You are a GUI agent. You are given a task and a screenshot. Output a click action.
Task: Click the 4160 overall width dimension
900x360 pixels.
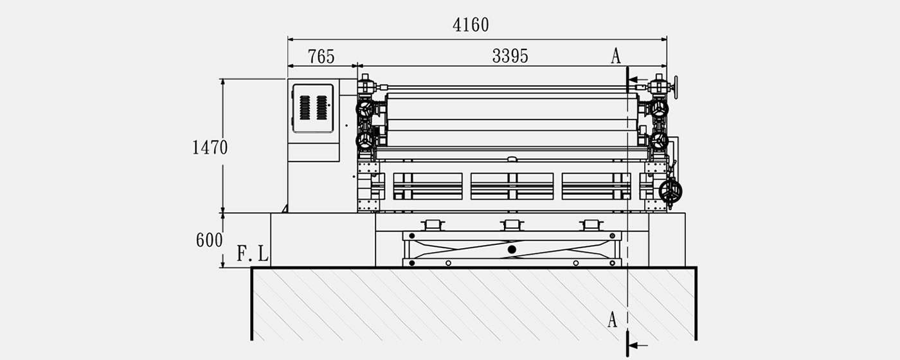(471, 25)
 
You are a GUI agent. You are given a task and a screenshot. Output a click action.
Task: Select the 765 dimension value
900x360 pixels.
(321, 57)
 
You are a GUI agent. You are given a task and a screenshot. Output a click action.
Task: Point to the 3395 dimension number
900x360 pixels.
(510, 57)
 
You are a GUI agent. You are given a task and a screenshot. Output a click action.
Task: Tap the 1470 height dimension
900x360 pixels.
(210, 147)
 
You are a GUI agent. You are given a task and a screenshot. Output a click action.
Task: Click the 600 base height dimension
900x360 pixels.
(209, 240)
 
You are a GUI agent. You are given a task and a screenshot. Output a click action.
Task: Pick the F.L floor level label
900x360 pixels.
(252, 253)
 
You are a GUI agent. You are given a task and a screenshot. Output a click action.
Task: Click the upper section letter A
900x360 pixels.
(616, 56)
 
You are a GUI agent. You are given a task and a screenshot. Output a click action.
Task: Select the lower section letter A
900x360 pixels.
(612, 320)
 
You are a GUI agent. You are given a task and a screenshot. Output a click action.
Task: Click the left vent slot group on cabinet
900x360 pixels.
(305, 108)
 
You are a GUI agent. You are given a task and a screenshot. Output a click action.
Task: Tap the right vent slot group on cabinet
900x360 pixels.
(322, 108)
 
